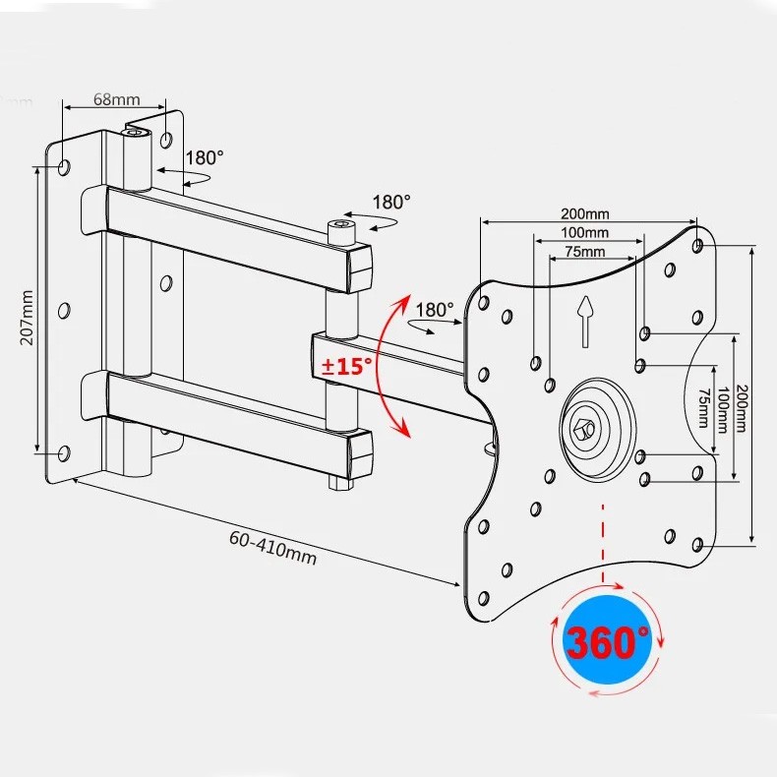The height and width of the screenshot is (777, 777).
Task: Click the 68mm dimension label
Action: click(117, 99)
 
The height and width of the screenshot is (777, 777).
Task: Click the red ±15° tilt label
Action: click(347, 366)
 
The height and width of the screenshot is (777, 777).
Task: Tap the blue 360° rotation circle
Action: click(607, 642)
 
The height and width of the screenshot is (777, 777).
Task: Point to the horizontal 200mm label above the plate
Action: click(585, 213)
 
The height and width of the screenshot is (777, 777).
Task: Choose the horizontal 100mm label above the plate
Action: click(585, 233)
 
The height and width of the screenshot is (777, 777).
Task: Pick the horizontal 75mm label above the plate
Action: click(585, 252)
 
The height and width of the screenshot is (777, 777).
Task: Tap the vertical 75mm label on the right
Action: click(702, 406)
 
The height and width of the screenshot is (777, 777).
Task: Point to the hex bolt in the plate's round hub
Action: click(586, 429)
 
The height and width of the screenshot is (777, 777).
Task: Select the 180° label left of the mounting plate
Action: click(434, 309)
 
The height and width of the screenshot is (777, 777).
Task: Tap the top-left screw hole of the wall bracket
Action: click(64, 168)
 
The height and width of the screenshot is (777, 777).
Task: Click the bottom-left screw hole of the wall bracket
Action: click(64, 453)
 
